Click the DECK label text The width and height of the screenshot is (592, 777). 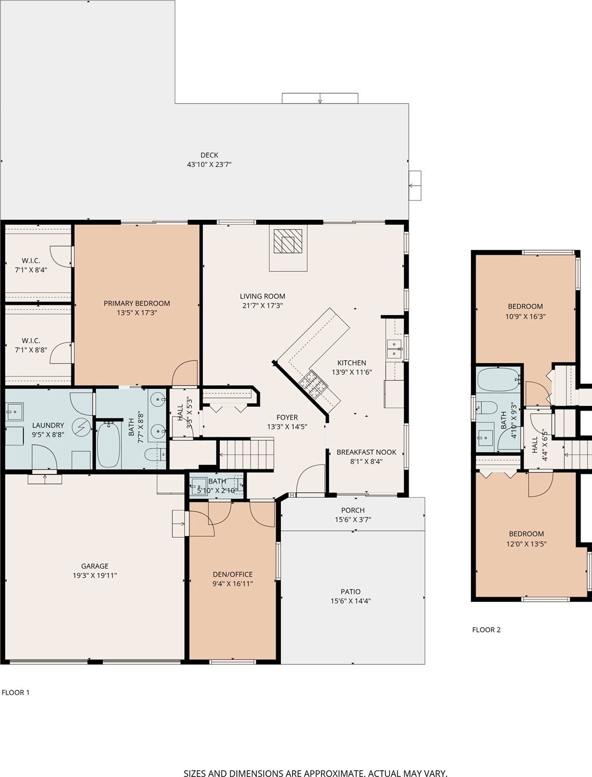click(x=209, y=155)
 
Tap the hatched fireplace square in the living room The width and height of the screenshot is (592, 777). click(x=288, y=241)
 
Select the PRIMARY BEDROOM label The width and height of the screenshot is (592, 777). click(x=136, y=303)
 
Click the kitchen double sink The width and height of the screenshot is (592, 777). click(x=394, y=349)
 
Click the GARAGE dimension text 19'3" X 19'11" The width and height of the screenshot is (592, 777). click(x=95, y=575)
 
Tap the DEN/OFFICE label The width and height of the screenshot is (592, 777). click(x=232, y=574)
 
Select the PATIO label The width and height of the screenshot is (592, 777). click(x=351, y=591)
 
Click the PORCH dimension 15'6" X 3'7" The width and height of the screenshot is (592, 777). click(x=353, y=520)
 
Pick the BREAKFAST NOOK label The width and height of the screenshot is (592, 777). click(x=367, y=452)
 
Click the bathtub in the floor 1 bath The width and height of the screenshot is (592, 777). click(x=110, y=444)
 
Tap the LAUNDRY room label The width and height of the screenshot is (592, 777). click(x=48, y=425)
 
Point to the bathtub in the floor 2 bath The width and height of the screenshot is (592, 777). click(x=498, y=380)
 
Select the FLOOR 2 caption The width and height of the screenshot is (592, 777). click(x=486, y=630)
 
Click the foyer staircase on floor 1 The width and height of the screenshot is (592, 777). click(x=247, y=454)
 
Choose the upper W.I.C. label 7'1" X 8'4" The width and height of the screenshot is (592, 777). click(x=31, y=265)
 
